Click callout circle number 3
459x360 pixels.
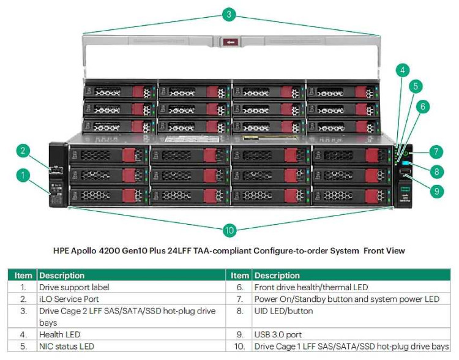point(228,13)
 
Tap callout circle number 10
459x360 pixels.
point(229,230)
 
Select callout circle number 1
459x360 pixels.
point(23,176)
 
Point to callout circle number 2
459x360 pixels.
point(23,151)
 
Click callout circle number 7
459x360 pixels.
point(436,151)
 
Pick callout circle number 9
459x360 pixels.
point(436,191)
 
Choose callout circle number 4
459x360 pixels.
point(401,69)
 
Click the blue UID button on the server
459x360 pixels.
point(406,163)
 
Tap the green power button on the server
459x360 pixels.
point(405,151)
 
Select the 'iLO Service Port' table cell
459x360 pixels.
point(69,299)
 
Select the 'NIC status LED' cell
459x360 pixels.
point(67,347)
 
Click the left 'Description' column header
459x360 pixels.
point(62,275)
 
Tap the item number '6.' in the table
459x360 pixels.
point(241,287)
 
